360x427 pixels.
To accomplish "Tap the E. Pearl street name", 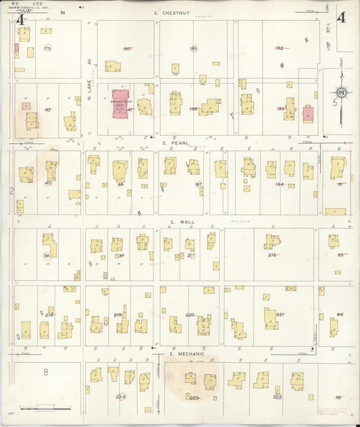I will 174,143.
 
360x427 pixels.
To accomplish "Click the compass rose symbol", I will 342,92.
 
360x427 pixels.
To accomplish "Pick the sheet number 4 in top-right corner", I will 341,18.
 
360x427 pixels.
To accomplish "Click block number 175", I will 47,49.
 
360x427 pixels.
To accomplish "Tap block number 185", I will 194,49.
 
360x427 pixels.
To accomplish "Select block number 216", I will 272,255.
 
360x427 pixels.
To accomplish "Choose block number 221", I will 280,315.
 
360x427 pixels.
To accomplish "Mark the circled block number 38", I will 47,255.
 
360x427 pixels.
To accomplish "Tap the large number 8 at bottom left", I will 46,372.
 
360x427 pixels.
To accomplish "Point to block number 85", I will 338,397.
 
